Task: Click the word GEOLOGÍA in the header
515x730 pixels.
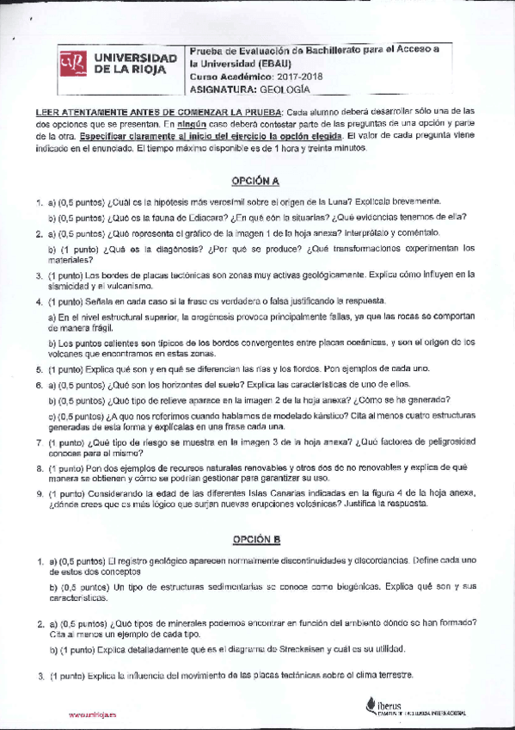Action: pyautogui.click(x=284, y=89)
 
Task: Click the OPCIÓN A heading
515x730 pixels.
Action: pyautogui.click(x=256, y=181)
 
